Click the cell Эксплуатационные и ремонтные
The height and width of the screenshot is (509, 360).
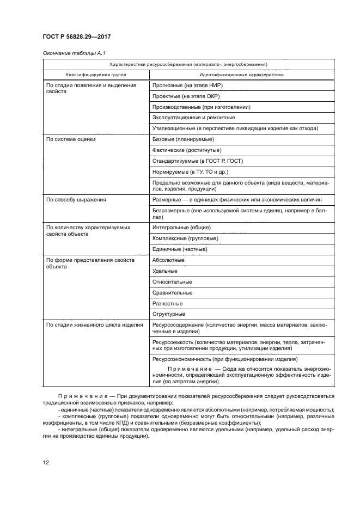194,118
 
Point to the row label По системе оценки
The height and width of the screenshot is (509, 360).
71,139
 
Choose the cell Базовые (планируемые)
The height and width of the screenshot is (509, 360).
183,139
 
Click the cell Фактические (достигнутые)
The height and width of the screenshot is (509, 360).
187,150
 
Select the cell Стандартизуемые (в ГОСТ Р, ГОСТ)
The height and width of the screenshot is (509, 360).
198,161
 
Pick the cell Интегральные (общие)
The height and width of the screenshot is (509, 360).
182,228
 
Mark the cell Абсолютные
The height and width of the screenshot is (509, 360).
168,260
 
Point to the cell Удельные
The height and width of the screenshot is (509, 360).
165,271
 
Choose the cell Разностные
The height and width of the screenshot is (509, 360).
168,303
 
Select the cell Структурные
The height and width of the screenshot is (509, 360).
169,314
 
